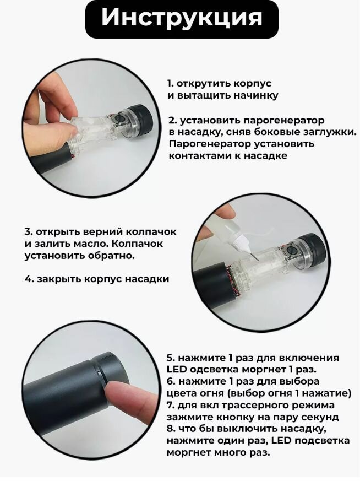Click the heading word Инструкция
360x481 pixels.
182,18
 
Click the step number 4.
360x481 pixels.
29,279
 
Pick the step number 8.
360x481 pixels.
171,429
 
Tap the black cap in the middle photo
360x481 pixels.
313,251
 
